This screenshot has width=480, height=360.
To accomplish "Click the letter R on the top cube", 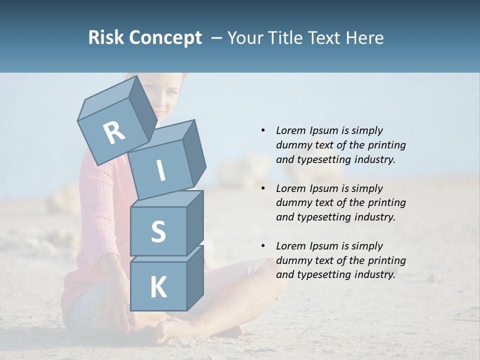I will pos(114,132).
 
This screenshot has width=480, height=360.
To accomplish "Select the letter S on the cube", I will pos(158,231).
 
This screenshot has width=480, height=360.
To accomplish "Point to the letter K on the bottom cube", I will pos(158,287).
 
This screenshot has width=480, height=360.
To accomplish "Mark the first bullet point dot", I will pos(263,130).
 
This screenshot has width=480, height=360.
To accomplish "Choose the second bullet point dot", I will pos(263,188).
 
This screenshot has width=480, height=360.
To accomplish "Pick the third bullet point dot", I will pos(263,246).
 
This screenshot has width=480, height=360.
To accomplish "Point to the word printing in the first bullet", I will pos(387,145).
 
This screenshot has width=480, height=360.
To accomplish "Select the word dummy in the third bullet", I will pos(293,260).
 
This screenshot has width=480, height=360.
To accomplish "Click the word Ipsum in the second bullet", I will pos(325,188).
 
